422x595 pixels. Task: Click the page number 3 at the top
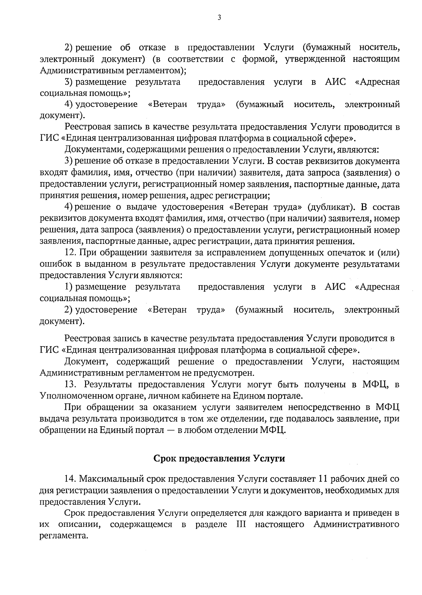tap(219, 18)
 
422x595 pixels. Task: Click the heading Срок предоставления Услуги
tap(219, 458)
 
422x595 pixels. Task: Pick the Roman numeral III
tap(239, 525)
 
